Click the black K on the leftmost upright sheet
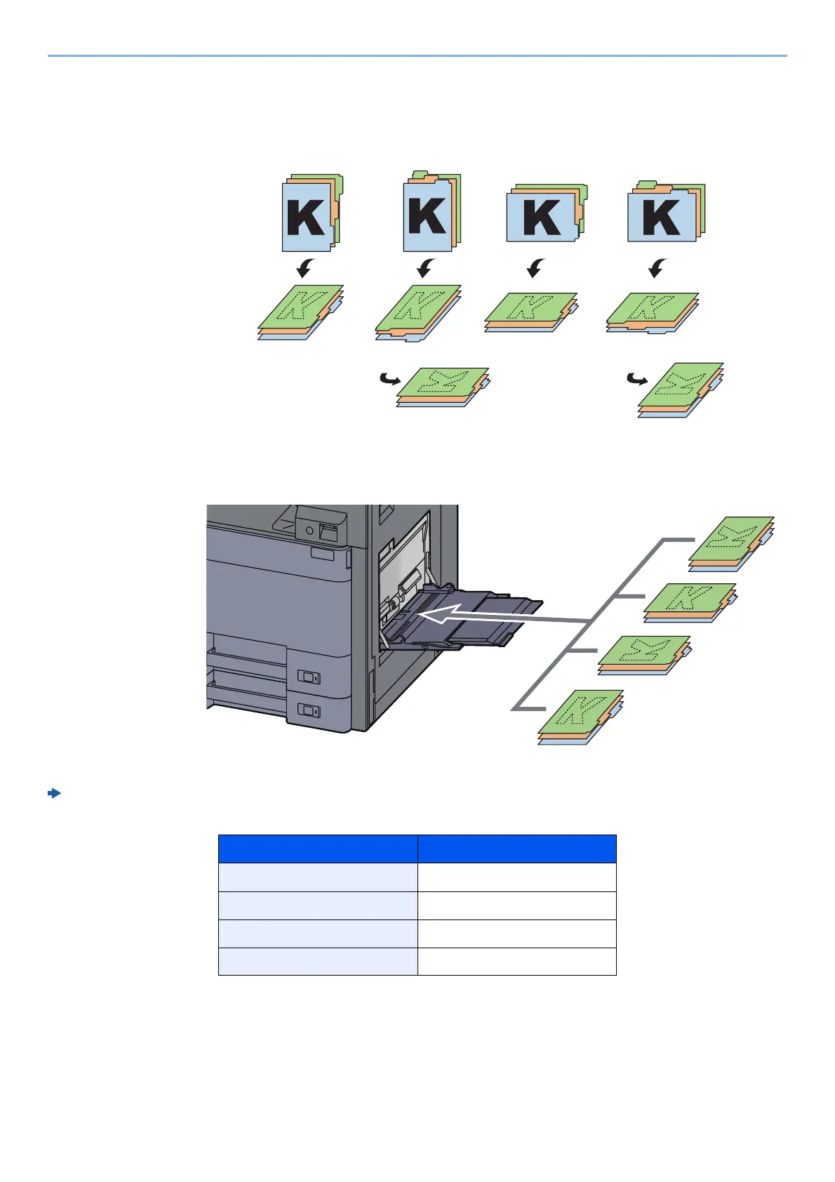coord(306,218)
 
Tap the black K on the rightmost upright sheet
coord(662,218)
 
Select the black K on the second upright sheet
coord(427,216)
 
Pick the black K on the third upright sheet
coord(542,218)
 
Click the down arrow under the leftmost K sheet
coord(305,267)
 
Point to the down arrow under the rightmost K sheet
coord(657,267)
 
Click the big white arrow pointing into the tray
coord(449,616)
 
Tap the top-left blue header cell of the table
coord(318,849)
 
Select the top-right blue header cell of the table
coord(516,849)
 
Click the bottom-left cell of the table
coord(318,962)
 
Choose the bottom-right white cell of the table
coord(516,962)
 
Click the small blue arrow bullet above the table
coord(54,794)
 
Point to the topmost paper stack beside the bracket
coord(730,544)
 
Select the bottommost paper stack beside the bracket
coord(580,717)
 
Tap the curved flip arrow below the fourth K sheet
coord(636,380)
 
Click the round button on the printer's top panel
coord(309,531)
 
